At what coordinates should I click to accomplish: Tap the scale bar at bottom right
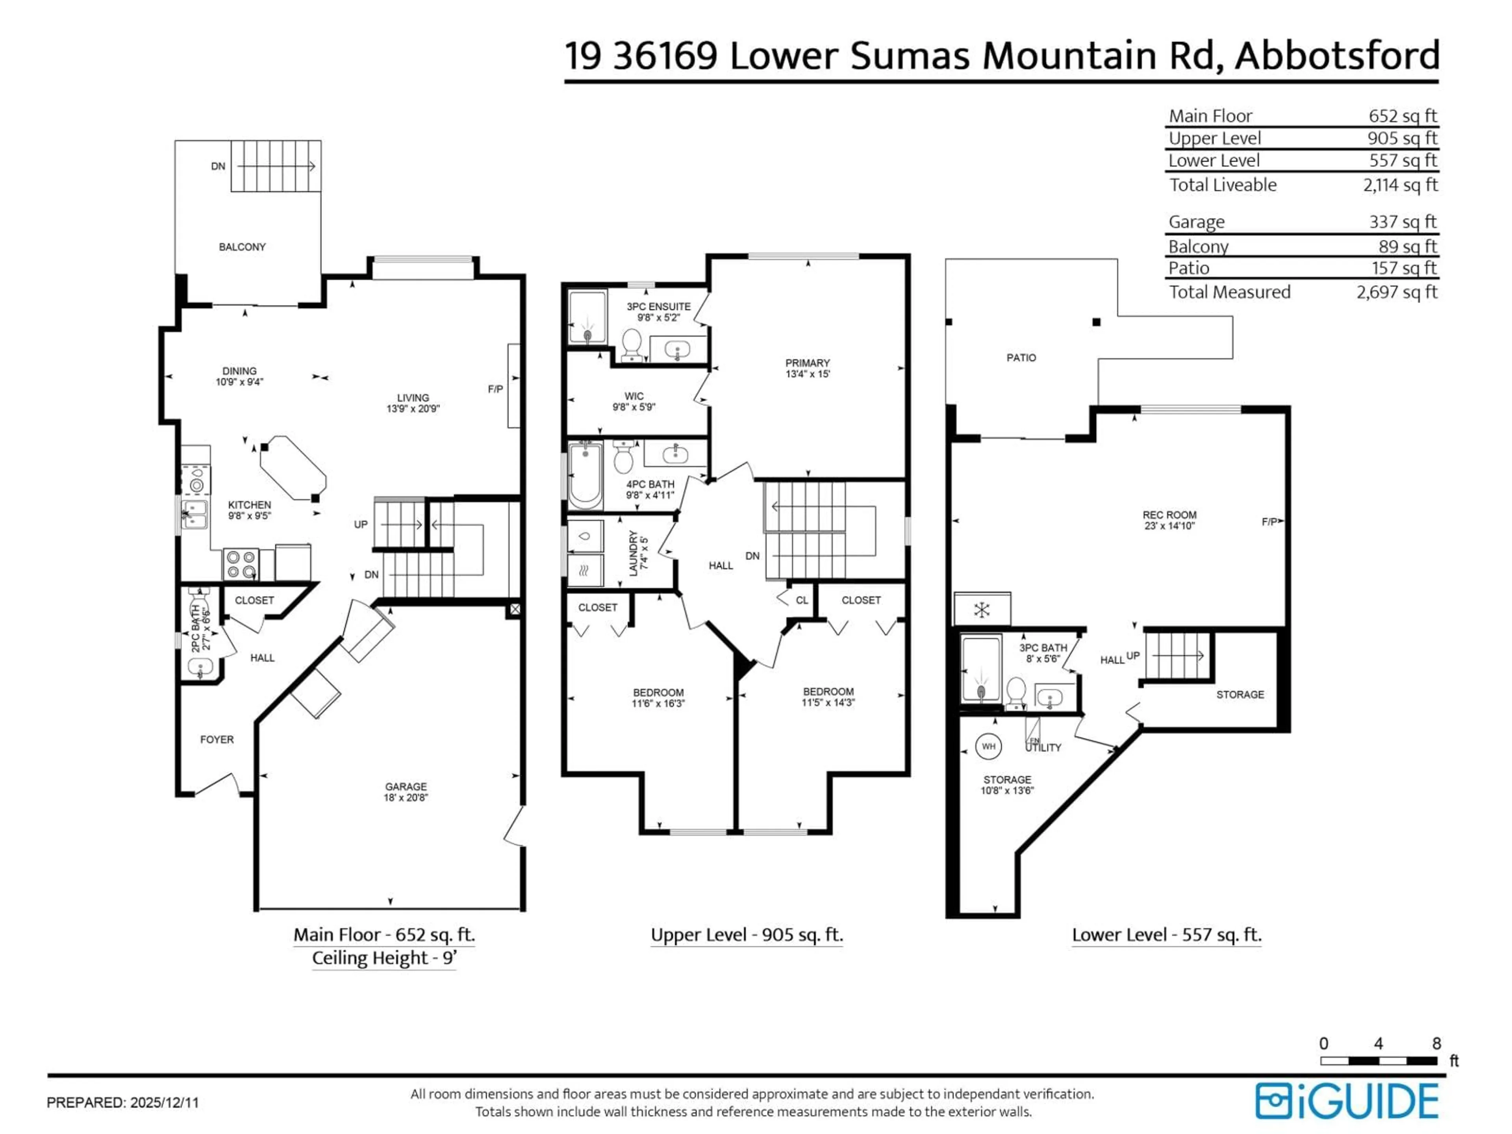[x=1378, y=1061]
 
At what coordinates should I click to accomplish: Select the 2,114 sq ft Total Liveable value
[x=1400, y=185]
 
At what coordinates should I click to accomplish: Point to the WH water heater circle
[x=988, y=747]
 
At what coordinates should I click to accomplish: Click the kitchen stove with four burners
[x=241, y=565]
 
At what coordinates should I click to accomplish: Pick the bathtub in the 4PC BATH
[x=585, y=476]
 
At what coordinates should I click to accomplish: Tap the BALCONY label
[x=242, y=247]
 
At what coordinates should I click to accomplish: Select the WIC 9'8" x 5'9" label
[x=634, y=401]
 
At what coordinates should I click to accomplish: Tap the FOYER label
[x=217, y=739]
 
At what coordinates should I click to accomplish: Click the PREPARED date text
[x=122, y=1102]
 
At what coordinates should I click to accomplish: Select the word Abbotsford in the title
[x=1336, y=56]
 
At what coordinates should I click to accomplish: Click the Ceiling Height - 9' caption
[x=384, y=958]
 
